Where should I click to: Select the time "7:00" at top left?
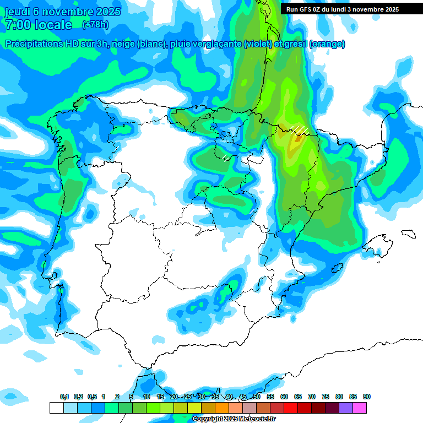pos(18,25)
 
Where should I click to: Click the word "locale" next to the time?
pos(53,25)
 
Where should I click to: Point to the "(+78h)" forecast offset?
pos(95,25)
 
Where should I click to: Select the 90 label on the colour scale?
pos(367,397)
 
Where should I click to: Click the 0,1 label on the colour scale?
pos(64,397)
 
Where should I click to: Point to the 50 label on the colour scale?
pos(257,397)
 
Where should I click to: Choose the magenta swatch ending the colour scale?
pos(360,408)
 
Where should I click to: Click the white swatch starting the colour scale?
pos(56,408)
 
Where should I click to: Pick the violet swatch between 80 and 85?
pos(346,408)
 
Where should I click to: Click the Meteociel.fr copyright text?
pos(234,419)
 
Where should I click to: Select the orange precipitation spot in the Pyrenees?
pos(298,139)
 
